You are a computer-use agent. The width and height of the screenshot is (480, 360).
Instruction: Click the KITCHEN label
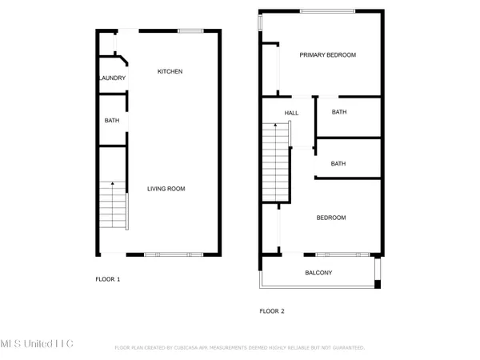(x=170, y=72)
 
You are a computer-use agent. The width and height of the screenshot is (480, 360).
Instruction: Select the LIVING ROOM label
(x=166, y=189)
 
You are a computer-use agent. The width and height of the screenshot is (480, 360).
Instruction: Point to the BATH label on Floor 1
(x=112, y=121)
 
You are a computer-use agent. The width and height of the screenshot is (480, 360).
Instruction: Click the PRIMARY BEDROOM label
(x=327, y=55)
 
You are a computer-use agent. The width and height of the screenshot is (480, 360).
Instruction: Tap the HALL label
(x=291, y=113)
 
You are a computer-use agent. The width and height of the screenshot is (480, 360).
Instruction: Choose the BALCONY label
(x=318, y=273)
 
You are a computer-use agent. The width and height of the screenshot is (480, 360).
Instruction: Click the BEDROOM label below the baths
(x=330, y=218)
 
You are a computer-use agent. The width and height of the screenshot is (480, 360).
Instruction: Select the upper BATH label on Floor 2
(x=338, y=113)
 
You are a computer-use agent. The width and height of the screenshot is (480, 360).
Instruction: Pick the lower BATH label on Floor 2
(x=338, y=164)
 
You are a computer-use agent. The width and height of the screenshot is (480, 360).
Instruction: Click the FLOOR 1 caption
(x=107, y=279)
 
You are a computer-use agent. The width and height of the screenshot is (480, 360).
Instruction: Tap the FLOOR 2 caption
(x=272, y=311)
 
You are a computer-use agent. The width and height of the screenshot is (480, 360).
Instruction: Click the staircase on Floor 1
(x=113, y=206)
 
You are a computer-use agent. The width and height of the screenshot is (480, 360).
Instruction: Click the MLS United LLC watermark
(x=38, y=343)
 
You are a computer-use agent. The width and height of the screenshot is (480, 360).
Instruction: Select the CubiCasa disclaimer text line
(x=240, y=348)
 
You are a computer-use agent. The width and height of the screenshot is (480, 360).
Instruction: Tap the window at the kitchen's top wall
(x=190, y=30)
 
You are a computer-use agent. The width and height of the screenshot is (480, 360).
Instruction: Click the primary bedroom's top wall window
(x=326, y=10)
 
